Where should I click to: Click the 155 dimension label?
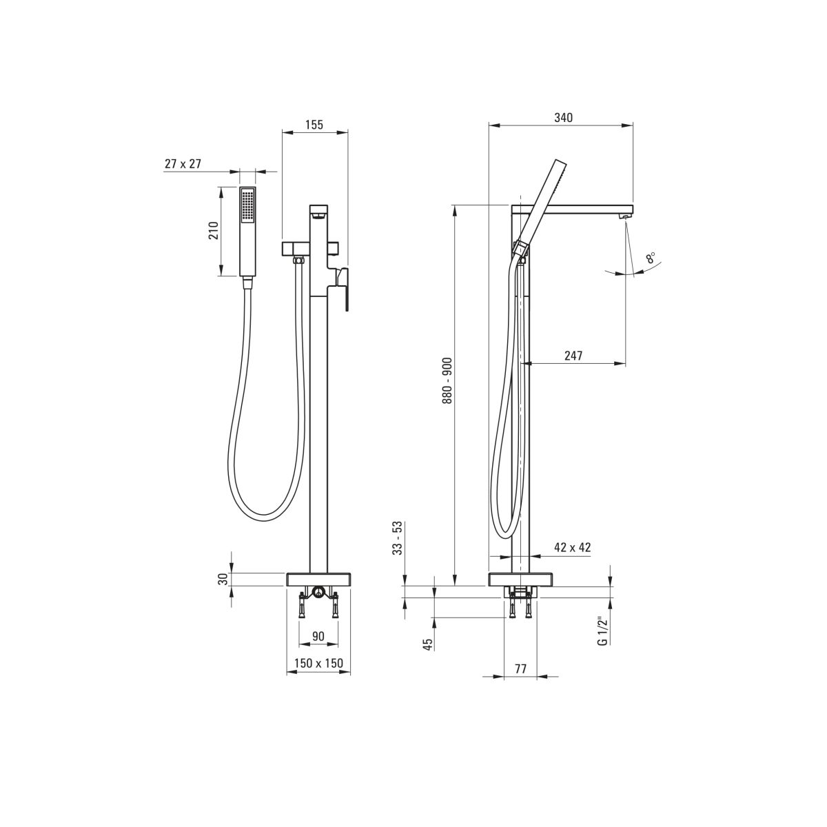coord(314,125)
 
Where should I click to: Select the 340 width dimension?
coord(563,118)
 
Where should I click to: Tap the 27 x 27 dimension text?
coord(183,163)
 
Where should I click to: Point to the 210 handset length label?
coord(214,231)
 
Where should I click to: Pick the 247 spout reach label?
coord(573,356)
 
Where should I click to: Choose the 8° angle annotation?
coord(651,258)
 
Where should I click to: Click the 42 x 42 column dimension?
coord(573,547)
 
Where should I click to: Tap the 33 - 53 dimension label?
coord(398,538)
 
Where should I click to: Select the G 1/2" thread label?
coord(604,631)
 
